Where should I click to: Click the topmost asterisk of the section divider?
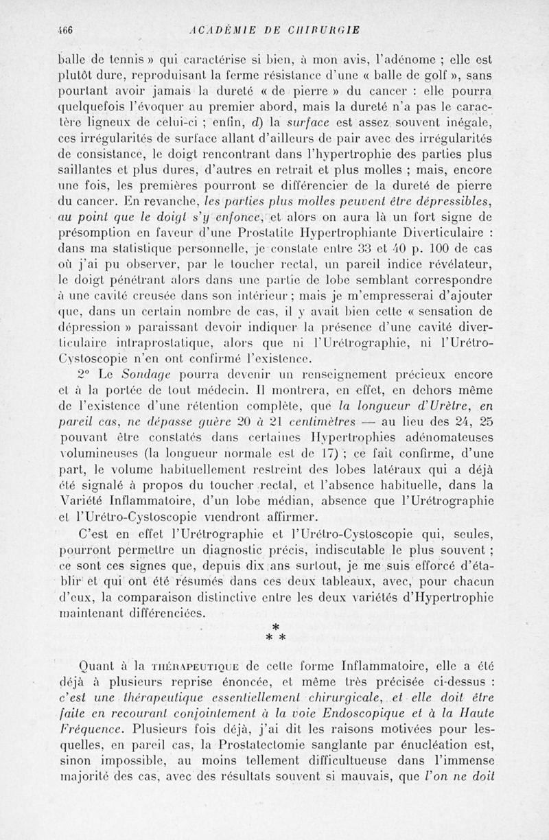pos(275,627)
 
